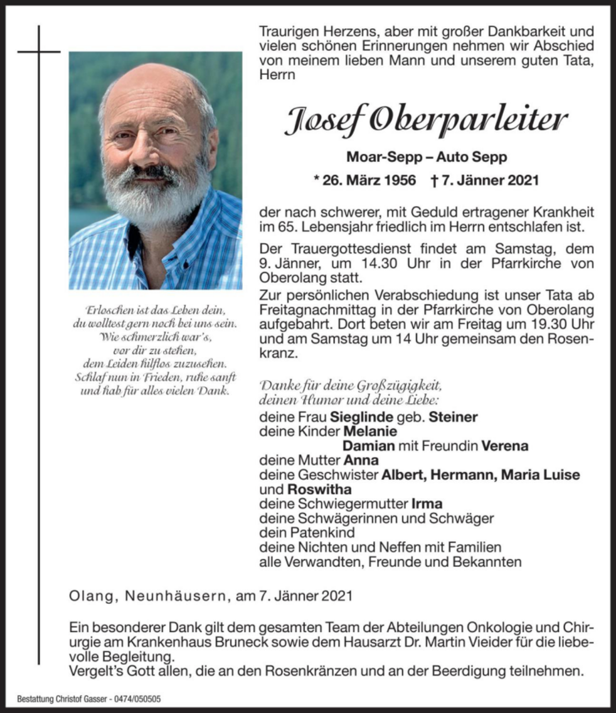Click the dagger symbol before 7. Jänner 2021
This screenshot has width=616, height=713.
coord(434,180)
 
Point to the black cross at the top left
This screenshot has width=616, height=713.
coord(38,51)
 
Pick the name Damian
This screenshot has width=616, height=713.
coord(369,446)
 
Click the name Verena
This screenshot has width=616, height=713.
coord(505,446)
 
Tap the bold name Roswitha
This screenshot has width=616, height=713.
coord(319,489)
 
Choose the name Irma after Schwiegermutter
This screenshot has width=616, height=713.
coord(427,504)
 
